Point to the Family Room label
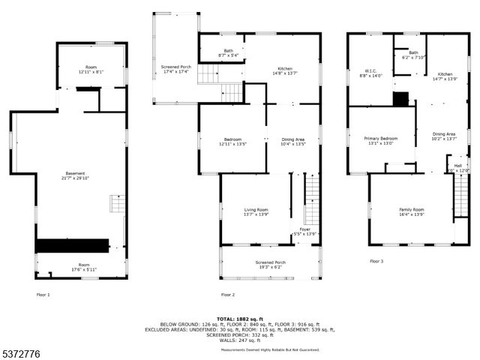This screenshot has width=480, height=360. tap(412, 212)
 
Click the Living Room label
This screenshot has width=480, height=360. tap(256, 212)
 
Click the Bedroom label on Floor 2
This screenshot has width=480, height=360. tap(232, 141)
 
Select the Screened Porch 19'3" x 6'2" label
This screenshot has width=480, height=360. tap(270, 265)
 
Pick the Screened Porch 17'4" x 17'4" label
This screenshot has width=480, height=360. tap(176, 69)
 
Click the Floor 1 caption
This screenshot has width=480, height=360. tap(43, 295)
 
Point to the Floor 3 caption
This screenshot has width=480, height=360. tap(376, 261)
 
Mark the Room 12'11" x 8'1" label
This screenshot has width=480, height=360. tap(91, 70)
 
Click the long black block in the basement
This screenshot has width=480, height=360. tap(72, 245)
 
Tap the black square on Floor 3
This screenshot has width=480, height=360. tap(401, 99)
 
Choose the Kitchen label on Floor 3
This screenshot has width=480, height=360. tap(445, 76)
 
